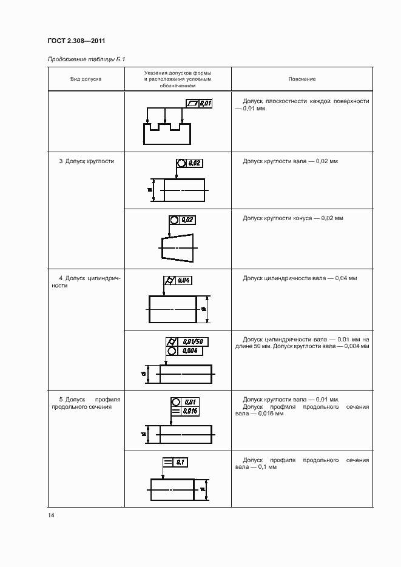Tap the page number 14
pyautogui.click(x=51, y=515)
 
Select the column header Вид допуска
pyautogui.click(x=86, y=79)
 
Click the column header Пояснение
pyautogui.click(x=302, y=79)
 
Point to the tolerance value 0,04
pyautogui.click(x=184, y=280)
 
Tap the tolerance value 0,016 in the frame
pyautogui.click(x=190, y=411)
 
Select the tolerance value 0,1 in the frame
pyautogui.click(x=180, y=463)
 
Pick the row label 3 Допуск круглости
pyautogui.click(x=86, y=161)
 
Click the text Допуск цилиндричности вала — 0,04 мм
pyautogui.click(x=300, y=278)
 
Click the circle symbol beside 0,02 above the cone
pyautogui.click(x=174, y=220)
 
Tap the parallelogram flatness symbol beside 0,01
pyautogui.click(x=192, y=104)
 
